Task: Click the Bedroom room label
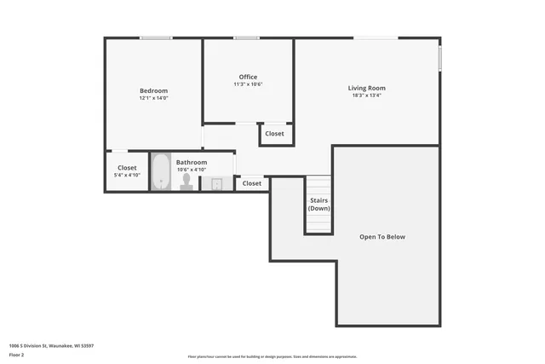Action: [x=154, y=90]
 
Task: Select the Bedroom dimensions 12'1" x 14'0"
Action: [x=154, y=98]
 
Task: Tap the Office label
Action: [x=248, y=77]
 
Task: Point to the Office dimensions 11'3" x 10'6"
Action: [x=248, y=84]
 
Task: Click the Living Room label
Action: [x=366, y=88]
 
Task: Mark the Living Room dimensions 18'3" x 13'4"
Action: [x=366, y=95]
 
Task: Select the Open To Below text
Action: [x=381, y=236]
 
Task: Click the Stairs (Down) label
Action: [x=318, y=205]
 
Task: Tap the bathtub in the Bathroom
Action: [x=161, y=171]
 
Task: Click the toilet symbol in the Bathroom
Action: [x=186, y=182]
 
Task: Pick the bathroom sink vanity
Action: [x=216, y=183]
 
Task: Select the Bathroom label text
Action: [x=192, y=162]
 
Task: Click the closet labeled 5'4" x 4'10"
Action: [x=127, y=170]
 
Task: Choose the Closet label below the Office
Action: [x=274, y=134]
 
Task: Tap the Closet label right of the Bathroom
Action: [x=252, y=183]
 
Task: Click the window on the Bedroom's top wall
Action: [x=156, y=38]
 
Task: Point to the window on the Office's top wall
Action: [x=247, y=38]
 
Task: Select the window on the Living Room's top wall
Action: [x=376, y=38]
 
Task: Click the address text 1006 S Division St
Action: [x=51, y=345]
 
